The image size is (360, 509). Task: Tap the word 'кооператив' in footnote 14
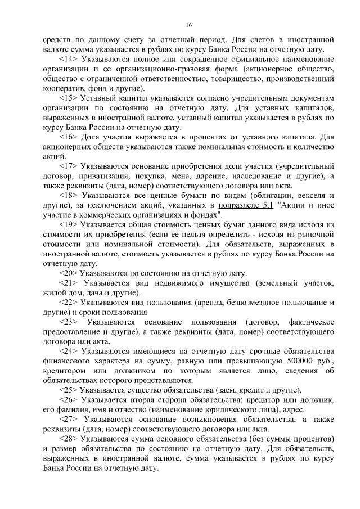tap(63, 88)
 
